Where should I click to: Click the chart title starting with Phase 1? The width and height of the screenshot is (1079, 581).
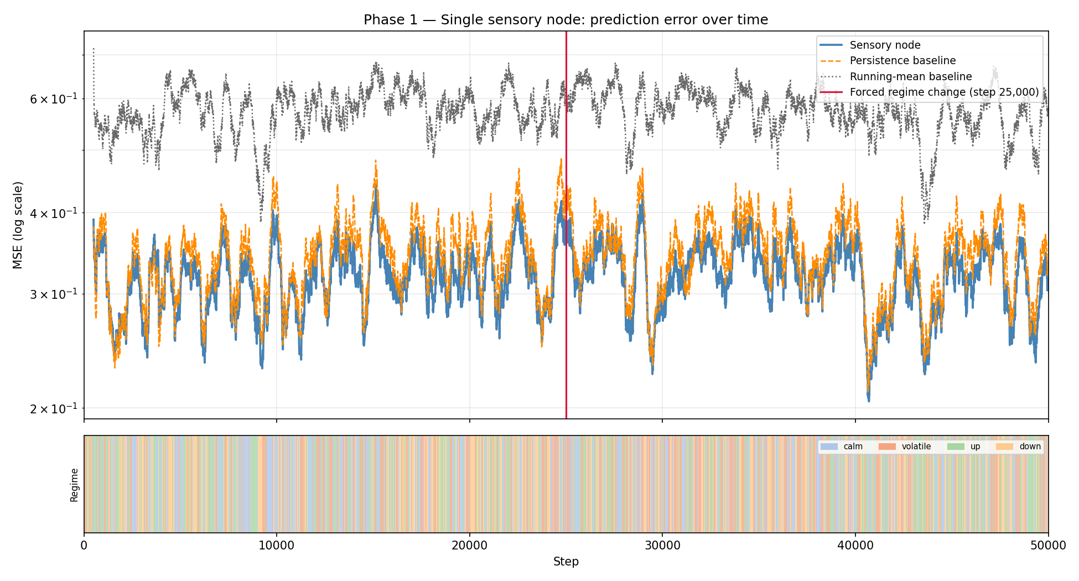(566, 20)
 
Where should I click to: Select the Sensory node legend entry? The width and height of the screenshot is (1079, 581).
(885, 45)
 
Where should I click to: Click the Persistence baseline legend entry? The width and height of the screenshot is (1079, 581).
(902, 61)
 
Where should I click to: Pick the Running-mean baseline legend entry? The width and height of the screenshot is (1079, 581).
(910, 76)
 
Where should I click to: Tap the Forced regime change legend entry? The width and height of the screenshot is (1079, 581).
(944, 92)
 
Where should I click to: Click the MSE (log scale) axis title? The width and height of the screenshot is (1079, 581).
(18, 225)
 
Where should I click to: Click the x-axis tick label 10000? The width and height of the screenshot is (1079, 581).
(277, 546)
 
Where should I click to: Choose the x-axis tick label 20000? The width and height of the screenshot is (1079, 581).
(469, 546)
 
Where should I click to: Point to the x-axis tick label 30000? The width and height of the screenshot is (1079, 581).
(662, 546)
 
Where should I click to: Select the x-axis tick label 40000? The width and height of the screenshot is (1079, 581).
(855, 546)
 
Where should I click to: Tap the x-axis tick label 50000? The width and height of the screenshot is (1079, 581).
(1047, 546)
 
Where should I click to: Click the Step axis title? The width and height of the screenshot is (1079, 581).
(566, 562)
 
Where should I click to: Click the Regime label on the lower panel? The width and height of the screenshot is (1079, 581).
(74, 485)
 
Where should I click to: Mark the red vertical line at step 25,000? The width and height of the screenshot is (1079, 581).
(566, 332)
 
